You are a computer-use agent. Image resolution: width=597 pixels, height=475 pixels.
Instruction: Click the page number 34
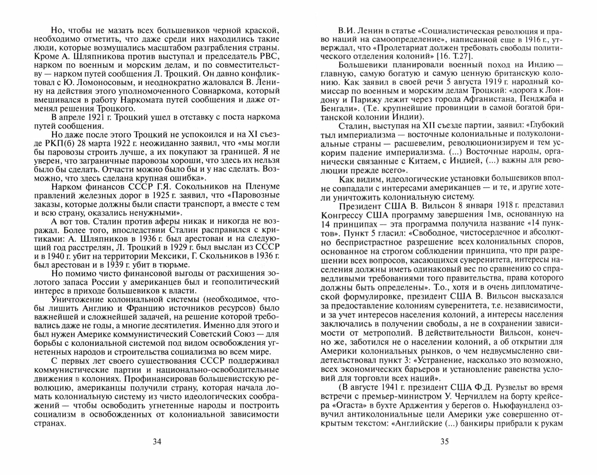coord(157,442)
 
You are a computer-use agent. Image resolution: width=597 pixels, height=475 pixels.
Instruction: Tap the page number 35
coord(444,442)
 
